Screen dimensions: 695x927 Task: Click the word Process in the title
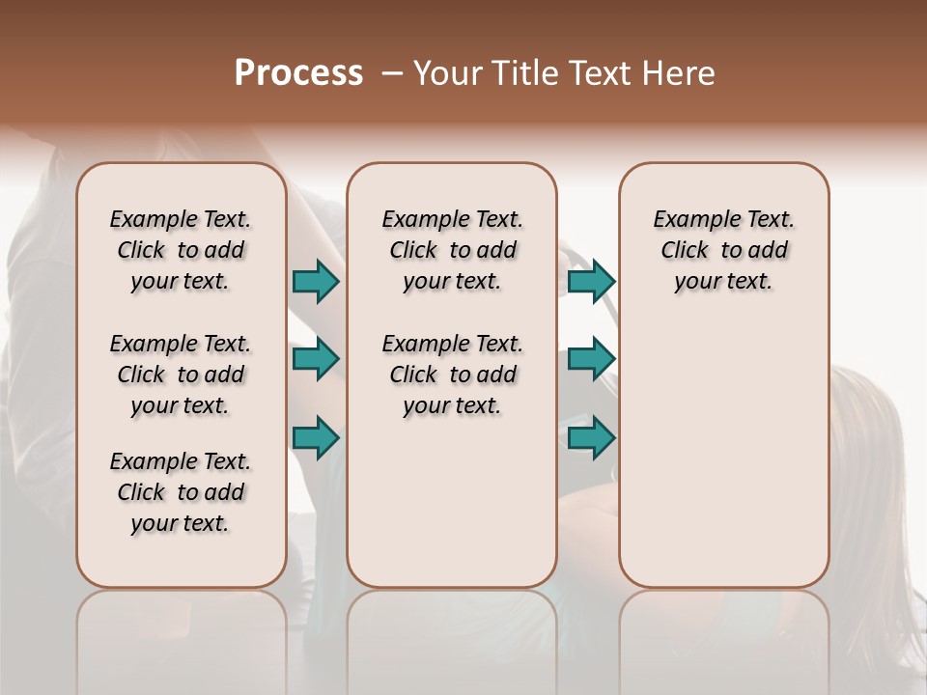298,73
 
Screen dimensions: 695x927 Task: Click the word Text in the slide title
599,73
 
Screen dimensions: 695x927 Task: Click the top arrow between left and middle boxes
316,282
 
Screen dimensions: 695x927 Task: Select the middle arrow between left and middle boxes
316,360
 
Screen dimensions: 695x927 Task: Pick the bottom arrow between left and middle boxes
316,437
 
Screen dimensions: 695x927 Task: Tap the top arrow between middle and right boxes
591,282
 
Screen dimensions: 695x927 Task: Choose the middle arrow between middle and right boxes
591,360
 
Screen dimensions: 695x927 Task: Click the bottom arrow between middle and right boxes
591,437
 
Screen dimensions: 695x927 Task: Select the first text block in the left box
181,250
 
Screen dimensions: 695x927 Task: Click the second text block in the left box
181,375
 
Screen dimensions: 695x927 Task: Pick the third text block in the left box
181,492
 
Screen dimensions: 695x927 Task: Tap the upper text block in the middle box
452,250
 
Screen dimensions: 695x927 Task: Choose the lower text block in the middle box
452,375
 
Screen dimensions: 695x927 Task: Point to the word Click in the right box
685,251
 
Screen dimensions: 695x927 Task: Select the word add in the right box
768,251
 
